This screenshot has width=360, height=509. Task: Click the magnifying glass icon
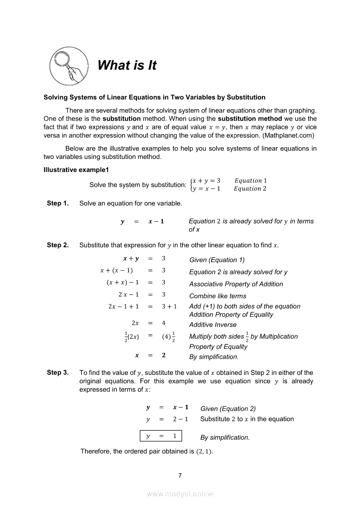[x=66, y=67]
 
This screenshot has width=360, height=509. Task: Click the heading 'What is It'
[x=127, y=65]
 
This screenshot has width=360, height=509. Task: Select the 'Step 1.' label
[x=58, y=203]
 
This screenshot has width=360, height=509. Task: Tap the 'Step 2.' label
[x=58, y=245]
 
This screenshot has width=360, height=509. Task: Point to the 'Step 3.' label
[x=58, y=373]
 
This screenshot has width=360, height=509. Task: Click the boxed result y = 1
[x=161, y=436]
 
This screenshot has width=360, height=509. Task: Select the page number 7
[x=180, y=475]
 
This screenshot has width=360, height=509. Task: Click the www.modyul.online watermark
[x=180, y=494]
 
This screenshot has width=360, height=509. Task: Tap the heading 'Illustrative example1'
[x=76, y=169]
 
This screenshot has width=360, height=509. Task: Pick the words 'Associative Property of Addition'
[x=236, y=284]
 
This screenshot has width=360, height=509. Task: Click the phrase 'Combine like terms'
[x=217, y=296]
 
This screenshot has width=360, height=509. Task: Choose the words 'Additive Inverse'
[x=213, y=325]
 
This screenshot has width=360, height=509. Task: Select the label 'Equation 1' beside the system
[x=251, y=181]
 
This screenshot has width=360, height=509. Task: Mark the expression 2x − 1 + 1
[x=123, y=307]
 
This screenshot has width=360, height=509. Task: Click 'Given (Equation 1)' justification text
[x=217, y=260]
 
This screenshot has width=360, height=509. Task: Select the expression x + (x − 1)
[x=116, y=270]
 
